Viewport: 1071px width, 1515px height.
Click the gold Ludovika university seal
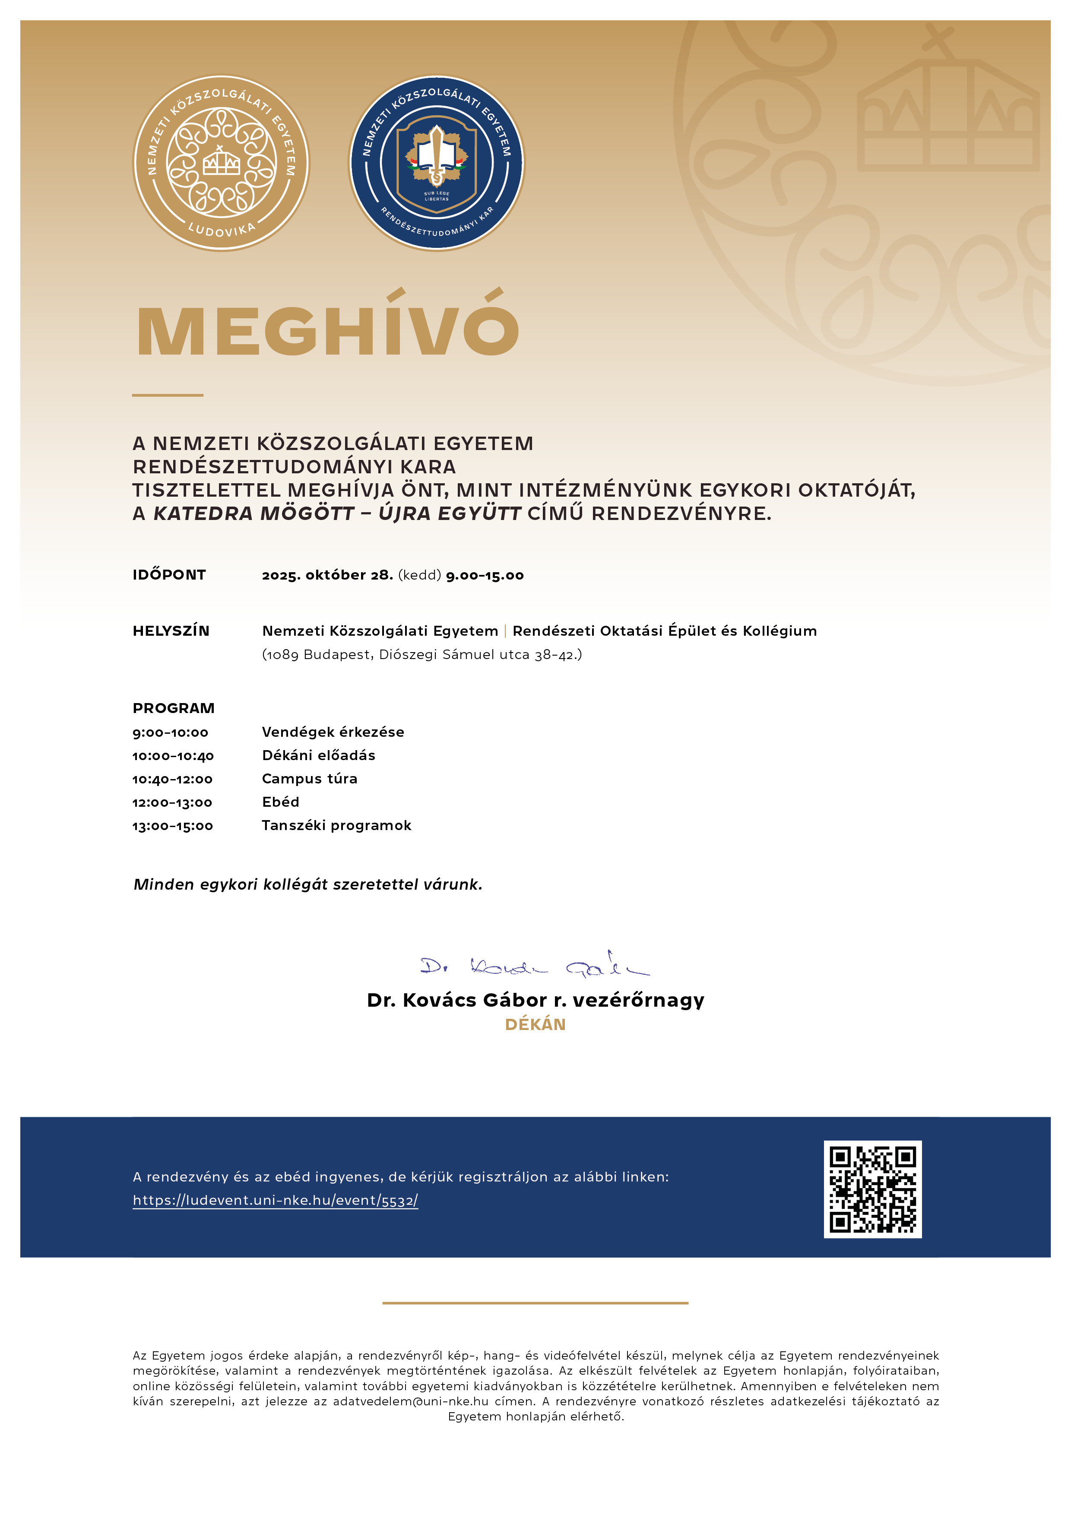(x=221, y=162)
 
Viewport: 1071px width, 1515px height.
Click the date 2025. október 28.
(x=327, y=575)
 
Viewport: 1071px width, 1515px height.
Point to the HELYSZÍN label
(x=171, y=631)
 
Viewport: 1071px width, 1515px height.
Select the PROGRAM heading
(x=174, y=708)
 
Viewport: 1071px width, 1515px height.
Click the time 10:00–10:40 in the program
(x=173, y=755)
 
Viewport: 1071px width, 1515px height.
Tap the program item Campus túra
(x=310, y=779)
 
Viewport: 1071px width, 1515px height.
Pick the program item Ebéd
(x=280, y=802)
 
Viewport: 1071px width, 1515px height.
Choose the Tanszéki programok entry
(x=336, y=825)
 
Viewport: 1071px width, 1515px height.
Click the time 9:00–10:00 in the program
(x=170, y=732)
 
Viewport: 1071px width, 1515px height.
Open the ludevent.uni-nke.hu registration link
(x=275, y=1200)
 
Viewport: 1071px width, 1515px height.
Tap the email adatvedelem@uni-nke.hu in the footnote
(x=410, y=1401)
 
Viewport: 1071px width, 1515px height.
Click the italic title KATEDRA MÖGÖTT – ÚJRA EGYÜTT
(x=337, y=513)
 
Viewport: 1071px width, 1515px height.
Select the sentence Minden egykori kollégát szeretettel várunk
(x=307, y=884)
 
